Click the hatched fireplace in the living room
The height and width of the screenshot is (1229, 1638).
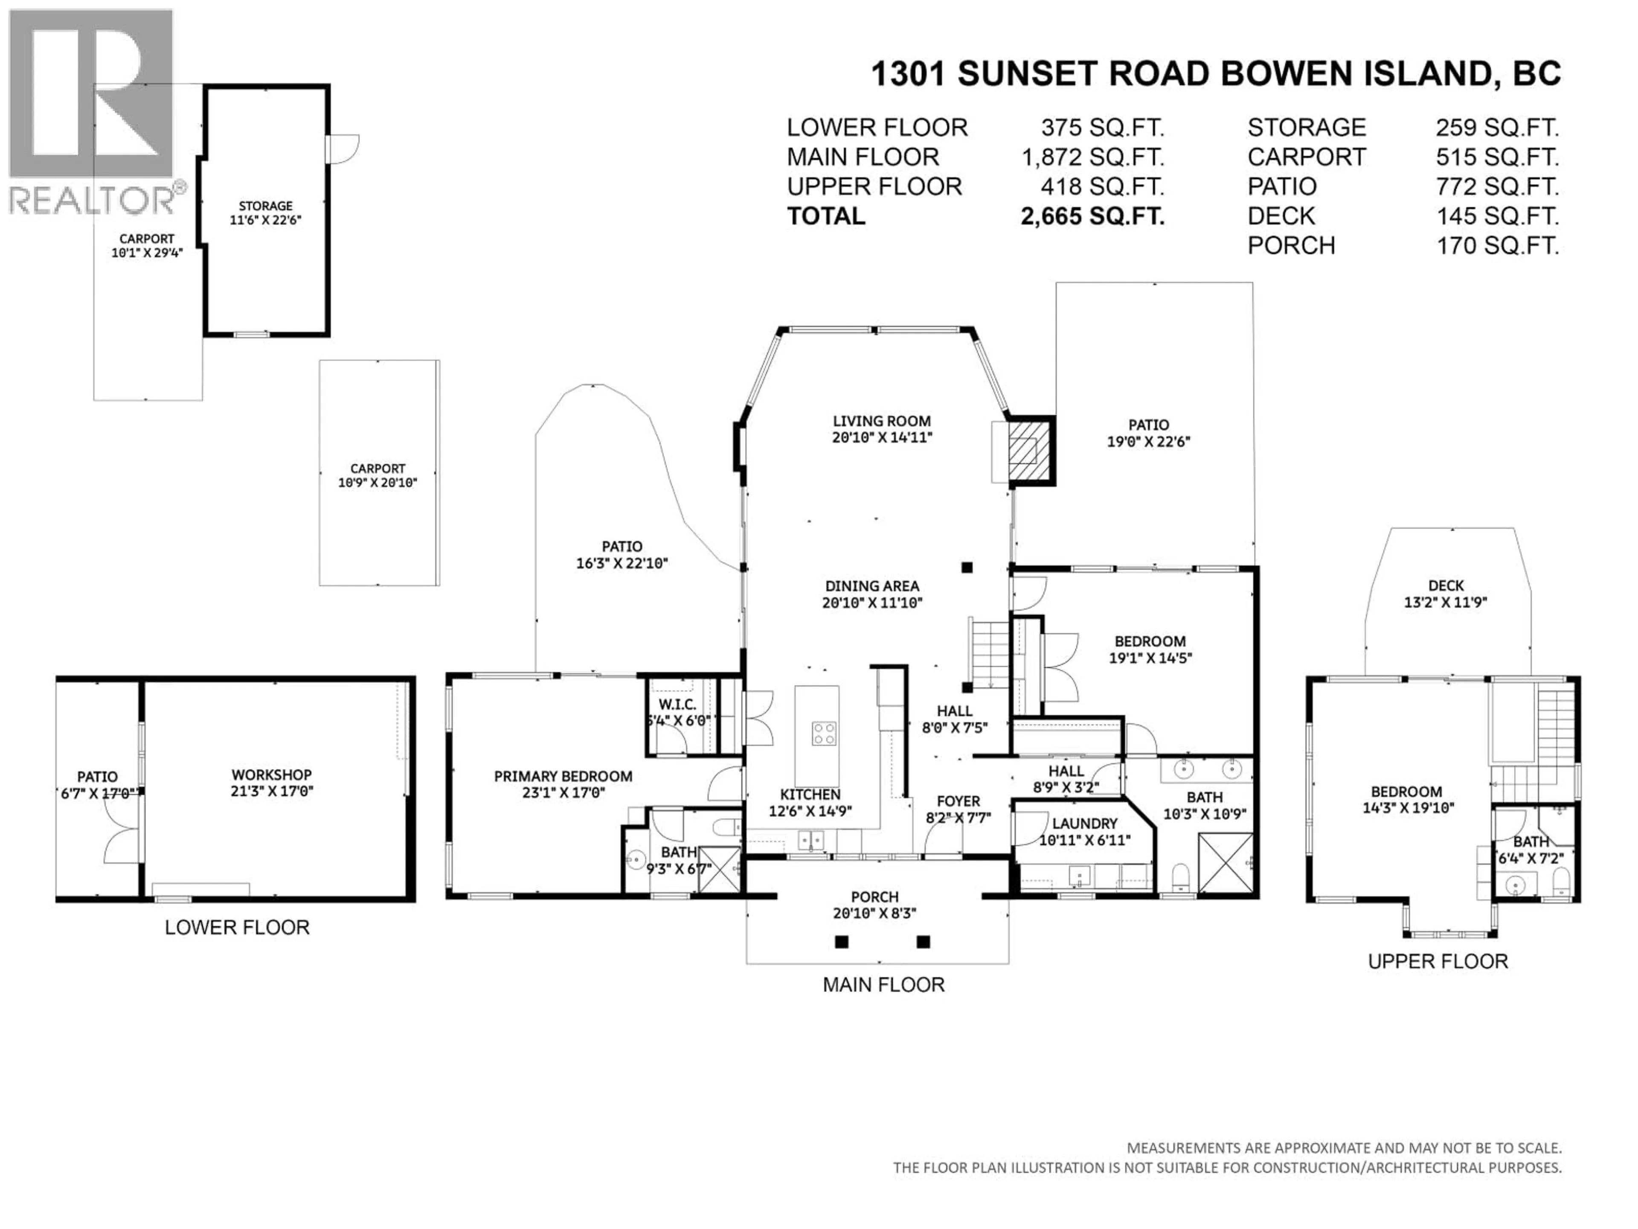pyautogui.click(x=1030, y=450)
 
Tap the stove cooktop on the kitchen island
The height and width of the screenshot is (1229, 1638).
pyautogui.click(x=823, y=734)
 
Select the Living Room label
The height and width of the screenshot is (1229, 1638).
pyautogui.click(x=881, y=421)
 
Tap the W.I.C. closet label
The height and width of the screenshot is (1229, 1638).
pyautogui.click(x=677, y=705)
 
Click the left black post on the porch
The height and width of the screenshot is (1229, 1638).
pyautogui.click(x=841, y=942)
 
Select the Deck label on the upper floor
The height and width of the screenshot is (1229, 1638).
pyautogui.click(x=1446, y=586)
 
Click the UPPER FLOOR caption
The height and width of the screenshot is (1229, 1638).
pyautogui.click(x=1438, y=961)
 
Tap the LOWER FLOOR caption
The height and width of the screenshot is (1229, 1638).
pyautogui.click(x=237, y=927)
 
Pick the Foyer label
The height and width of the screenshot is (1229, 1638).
pyautogui.click(x=958, y=801)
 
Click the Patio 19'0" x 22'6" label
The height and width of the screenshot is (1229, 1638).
pyautogui.click(x=1148, y=433)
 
